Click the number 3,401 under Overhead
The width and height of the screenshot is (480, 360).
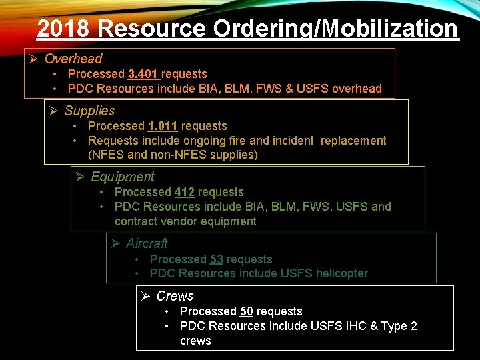pyautogui.click(x=143, y=74)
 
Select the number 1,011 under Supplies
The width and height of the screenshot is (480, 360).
pyautogui.click(x=163, y=126)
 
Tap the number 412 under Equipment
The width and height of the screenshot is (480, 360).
pyautogui.click(x=185, y=192)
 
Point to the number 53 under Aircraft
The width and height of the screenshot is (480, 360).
pyautogui.click(x=217, y=259)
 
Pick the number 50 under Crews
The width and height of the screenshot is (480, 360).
pyautogui.click(x=247, y=311)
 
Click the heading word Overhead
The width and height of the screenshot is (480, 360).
pyautogui.click(x=73, y=59)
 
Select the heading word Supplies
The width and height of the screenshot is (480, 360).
pyautogui.click(x=89, y=111)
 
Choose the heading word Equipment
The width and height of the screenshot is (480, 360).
pyautogui.click(x=122, y=177)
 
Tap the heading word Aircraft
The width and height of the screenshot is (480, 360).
pyautogui.click(x=147, y=243)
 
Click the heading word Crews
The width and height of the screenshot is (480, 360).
pyautogui.click(x=175, y=296)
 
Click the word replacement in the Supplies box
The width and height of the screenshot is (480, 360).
pyautogui.click(x=353, y=141)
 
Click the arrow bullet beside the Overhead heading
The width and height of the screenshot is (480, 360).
pyautogui.click(x=34, y=59)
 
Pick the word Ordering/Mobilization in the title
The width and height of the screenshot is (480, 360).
pyautogui.click(x=336, y=29)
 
